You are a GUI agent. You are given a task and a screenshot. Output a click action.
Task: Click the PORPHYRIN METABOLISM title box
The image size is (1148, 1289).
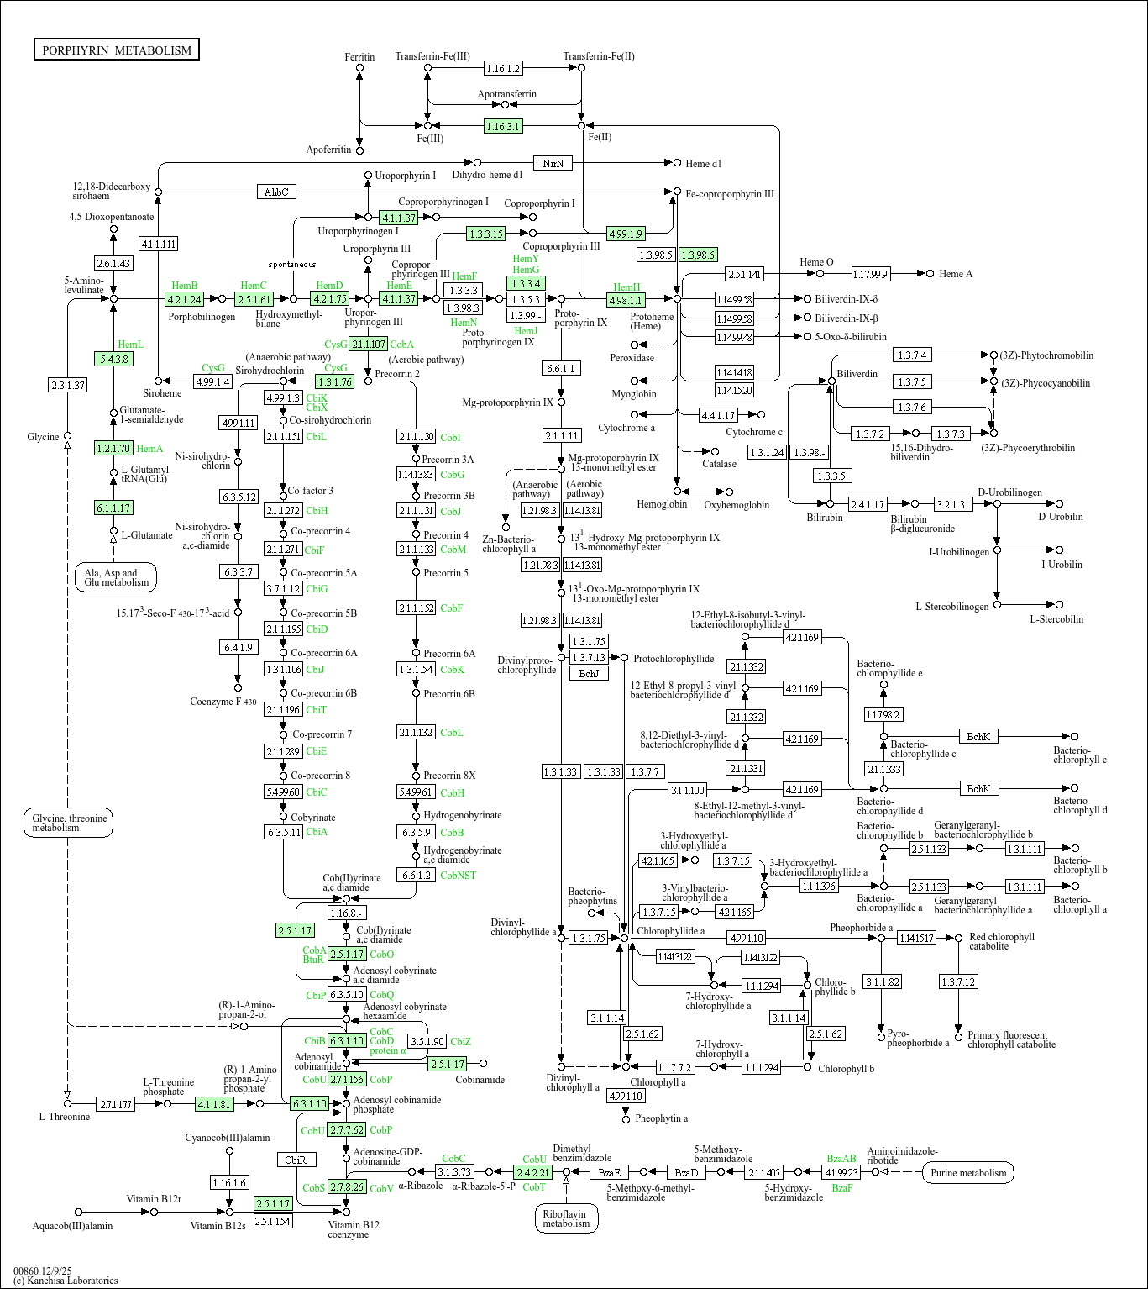click(117, 50)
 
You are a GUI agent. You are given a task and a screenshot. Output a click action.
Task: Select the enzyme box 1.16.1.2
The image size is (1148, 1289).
click(503, 68)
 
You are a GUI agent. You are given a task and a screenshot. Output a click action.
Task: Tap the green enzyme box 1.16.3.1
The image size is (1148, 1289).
click(503, 126)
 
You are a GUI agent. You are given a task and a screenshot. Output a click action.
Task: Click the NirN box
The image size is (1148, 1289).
click(553, 163)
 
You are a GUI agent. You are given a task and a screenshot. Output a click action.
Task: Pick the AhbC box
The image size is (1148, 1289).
click(276, 192)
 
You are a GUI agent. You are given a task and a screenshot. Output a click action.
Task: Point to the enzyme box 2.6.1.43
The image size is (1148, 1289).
click(113, 263)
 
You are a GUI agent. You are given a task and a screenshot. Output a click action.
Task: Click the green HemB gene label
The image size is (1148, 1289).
click(185, 286)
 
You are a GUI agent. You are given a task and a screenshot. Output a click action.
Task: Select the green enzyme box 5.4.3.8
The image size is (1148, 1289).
click(113, 359)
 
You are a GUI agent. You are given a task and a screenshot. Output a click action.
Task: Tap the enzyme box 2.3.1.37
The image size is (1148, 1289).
click(68, 385)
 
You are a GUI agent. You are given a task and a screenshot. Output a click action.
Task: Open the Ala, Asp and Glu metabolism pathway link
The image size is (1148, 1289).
click(116, 577)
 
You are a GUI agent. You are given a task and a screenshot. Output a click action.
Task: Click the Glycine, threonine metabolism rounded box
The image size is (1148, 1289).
click(68, 823)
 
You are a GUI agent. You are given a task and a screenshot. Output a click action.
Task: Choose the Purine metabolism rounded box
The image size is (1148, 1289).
click(967, 1172)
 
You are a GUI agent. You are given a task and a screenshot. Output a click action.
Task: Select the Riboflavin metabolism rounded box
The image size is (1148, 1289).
click(566, 1218)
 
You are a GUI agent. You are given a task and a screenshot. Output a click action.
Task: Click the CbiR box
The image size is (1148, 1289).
click(296, 1160)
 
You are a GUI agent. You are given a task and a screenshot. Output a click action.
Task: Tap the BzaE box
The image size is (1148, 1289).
click(609, 1172)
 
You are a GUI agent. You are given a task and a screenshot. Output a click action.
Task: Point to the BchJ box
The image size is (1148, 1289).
click(589, 673)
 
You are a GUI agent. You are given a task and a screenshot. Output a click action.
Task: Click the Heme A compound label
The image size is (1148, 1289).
click(956, 274)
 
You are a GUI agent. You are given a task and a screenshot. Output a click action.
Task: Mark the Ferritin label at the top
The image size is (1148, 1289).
click(359, 57)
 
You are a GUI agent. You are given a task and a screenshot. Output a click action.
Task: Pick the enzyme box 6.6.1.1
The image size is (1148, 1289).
click(561, 368)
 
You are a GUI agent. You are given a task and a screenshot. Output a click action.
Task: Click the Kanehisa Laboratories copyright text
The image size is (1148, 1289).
click(66, 1281)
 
